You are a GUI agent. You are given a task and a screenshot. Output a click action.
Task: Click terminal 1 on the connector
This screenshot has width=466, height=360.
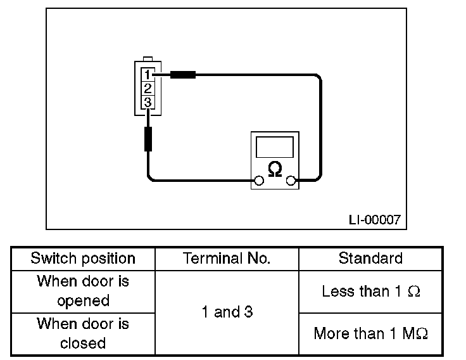[x=148, y=75]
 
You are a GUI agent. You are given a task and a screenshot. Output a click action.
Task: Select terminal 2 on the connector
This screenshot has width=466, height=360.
[x=148, y=88]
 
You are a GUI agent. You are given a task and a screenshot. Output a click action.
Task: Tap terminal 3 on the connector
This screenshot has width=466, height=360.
[x=148, y=102]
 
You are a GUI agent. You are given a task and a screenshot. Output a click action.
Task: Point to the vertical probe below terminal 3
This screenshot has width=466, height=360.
[x=148, y=138]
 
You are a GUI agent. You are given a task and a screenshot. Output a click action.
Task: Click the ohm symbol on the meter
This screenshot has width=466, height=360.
[x=275, y=169]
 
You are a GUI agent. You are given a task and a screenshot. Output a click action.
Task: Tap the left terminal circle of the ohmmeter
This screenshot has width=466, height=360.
[x=258, y=182]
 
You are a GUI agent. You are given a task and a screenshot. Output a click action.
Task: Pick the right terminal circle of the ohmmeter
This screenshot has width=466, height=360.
[x=291, y=182]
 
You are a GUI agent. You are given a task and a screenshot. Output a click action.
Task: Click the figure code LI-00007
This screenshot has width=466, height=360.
[x=374, y=220]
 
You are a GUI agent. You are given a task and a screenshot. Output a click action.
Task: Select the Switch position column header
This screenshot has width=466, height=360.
[x=83, y=259]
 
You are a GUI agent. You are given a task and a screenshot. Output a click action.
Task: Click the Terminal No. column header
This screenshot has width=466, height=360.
[x=227, y=259]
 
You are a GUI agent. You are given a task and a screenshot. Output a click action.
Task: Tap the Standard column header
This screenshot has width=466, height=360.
[x=370, y=259]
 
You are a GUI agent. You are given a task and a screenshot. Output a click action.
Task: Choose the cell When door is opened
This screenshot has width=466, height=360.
[x=83, y=290]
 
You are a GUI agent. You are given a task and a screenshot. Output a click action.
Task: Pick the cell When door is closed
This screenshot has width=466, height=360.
[x=83, y=333]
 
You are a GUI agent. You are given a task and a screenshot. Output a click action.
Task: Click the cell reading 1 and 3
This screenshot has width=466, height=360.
[x=227, y=312]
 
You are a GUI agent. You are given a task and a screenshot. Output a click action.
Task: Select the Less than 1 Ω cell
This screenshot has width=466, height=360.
[x=370, y=292]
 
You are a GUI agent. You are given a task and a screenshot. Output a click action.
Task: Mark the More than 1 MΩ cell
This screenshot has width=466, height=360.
[x=370, y=334]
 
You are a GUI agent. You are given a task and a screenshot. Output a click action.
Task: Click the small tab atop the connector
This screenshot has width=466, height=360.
[x=148, y=58]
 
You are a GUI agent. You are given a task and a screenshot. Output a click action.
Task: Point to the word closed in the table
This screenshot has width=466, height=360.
[x=83, y=343]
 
